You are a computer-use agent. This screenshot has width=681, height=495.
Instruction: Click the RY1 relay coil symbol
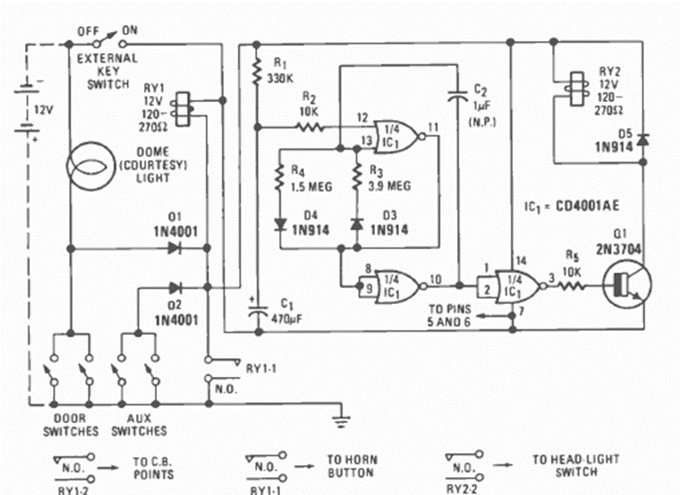coord(178,107)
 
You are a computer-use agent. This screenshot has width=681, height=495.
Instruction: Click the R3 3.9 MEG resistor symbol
coord(355,182)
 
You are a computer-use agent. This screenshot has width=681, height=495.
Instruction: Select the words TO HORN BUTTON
coord(353,466)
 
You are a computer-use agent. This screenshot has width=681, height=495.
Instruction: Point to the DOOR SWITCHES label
coord(70,425)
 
